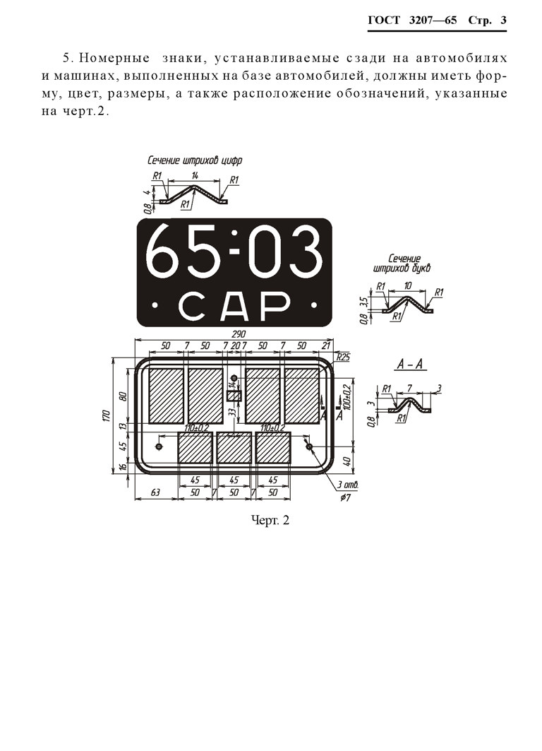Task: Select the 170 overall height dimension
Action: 106,416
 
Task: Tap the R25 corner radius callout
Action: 343,357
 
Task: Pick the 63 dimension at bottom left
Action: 155,492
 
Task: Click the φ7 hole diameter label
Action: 345,497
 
